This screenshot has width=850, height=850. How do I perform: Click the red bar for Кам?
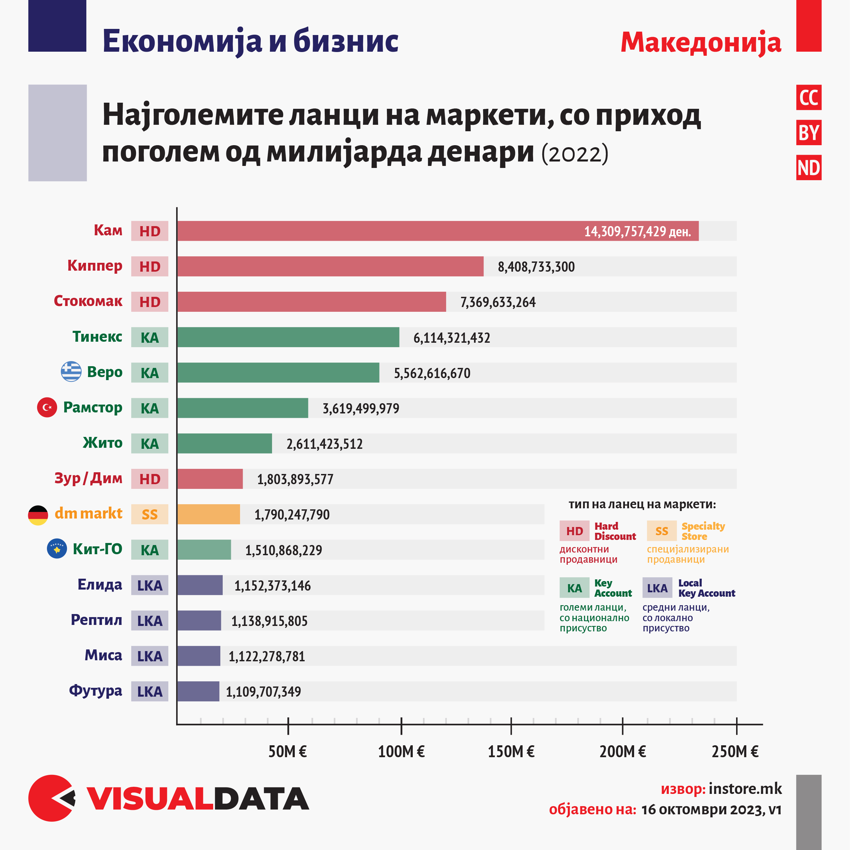(438, 231)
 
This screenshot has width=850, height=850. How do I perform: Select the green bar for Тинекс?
(288, 337)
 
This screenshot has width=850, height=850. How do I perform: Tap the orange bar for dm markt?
(208, 514)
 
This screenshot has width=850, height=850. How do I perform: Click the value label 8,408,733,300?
(536, 267)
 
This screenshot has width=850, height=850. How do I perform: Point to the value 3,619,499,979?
(361, 408)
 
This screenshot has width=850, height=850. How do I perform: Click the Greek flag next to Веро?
(71, 372)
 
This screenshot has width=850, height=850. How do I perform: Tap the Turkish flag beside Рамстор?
(47, 407)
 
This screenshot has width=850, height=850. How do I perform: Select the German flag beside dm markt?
(38, 515)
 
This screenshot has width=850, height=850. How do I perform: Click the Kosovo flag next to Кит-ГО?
(57, 549)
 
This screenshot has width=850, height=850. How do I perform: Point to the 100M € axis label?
(401, 751)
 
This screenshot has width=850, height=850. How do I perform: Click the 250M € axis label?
(735, 751)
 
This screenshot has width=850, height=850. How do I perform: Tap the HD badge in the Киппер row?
(150, 267)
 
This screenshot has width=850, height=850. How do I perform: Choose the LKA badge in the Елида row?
(150, 585)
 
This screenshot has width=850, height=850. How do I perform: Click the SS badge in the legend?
(661, 531)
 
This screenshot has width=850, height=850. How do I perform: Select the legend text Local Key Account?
(706, 588)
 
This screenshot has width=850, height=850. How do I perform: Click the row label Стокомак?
(88, 301)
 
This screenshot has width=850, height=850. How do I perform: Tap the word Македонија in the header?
(700, 43)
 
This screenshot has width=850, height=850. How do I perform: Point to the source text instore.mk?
(745, 789)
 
